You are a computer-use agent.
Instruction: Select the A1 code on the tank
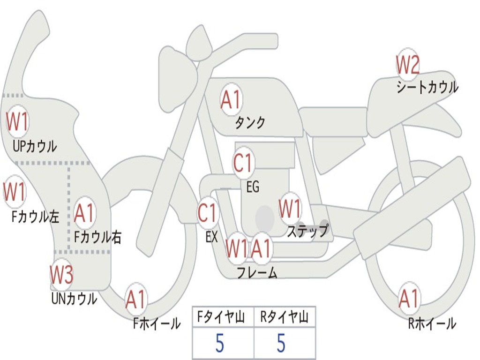(231, 99)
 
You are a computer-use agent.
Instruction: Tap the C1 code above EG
(243, 164)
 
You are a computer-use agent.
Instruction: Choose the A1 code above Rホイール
(409, 299)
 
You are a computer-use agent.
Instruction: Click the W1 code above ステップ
(290, 209)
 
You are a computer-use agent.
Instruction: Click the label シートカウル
(427, 88)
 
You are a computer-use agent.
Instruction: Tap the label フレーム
(257, 272)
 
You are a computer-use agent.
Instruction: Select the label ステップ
(307, 232)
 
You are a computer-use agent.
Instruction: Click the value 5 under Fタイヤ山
(219, 344)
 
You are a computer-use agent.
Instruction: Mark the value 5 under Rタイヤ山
(281, 344)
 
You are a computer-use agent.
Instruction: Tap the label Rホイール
(432, 323)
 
